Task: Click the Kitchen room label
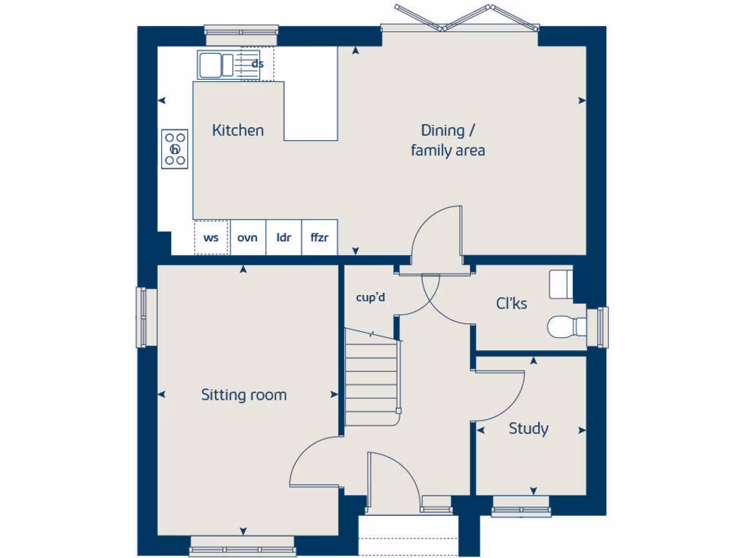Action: pyautogui.click(x=238, y=131)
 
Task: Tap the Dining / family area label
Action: pyautogui.click(x=448, y=140)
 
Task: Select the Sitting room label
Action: pyautogui.click(x=243, y=395)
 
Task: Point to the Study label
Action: pyautogui.click(x=528, y=429)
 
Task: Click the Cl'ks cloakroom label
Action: pyautogui.click(x=512, y=304)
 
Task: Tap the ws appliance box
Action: pyautogui.click(x=211, y=238)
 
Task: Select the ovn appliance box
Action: pyautogui.click(x=248, y=238)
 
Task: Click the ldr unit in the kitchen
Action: pyautogui.click(x=283, y=238)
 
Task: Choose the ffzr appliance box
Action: pyautogui.click(x=320, y=238)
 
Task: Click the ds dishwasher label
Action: pyautogui.click(x=257, y=64)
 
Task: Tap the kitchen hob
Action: pyautogui.click(x=175, y=149)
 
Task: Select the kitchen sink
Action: pyautogui.click(x=215, y=64)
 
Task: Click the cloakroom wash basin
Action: pyautogui.click(x=561, y=283)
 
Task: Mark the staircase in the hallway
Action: pyautogui.click(x=373, y=378)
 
